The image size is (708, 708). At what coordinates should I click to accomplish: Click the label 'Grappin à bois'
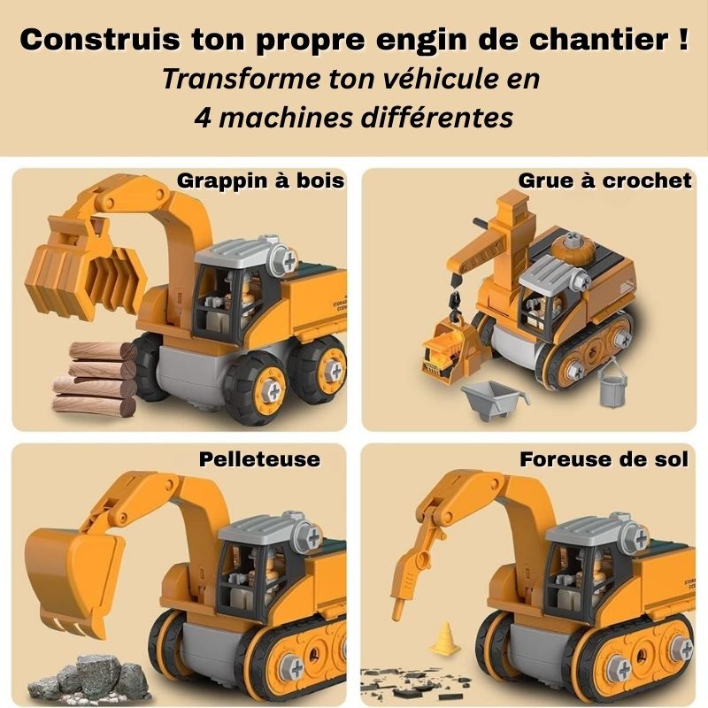coord(261,181)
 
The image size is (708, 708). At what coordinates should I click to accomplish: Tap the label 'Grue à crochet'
coord(605,181)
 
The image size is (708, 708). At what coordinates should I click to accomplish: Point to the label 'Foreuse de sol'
coord(604,459)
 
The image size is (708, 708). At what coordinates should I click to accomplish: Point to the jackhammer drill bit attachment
coord(409,575)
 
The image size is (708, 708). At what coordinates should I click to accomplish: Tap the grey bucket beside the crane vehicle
coord(611,386)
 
